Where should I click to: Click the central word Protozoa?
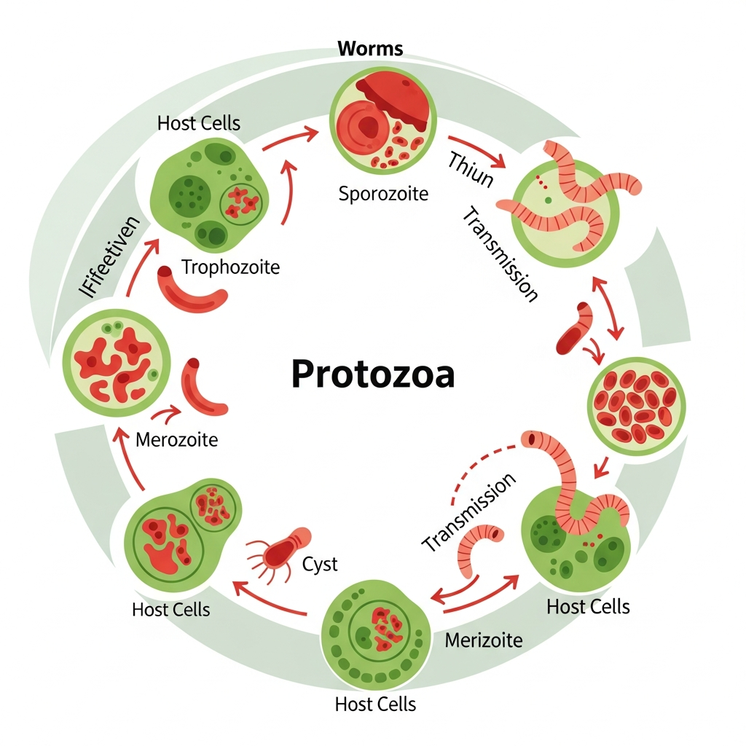point(372,375)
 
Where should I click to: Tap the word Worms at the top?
point(371,50)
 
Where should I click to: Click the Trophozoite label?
point(230,267)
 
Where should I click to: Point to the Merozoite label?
point(176,440)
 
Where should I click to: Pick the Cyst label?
point(320,564)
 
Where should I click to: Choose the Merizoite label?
point(483,640)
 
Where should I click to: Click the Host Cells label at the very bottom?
point(375,704)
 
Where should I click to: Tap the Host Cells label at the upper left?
point(198,123)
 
